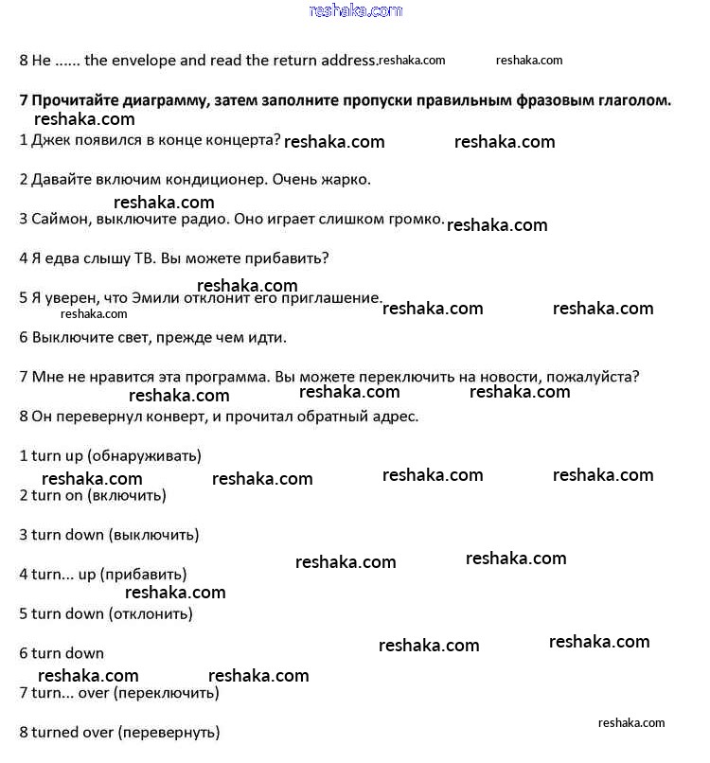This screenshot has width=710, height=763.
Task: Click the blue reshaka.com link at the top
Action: pos(355,10)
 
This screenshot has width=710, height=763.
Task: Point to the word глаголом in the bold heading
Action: pos(631,100)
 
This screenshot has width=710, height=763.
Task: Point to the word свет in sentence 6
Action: pos(121,337)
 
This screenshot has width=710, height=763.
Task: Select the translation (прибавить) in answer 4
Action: pos(144,575)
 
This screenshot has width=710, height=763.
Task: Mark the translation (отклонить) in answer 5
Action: pos(151,613)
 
